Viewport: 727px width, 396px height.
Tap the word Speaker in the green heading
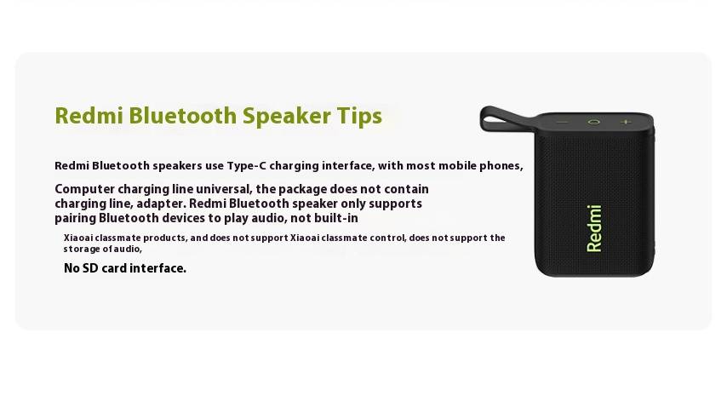287,117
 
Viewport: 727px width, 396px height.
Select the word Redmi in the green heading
89,116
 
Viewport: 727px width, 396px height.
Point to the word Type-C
247,166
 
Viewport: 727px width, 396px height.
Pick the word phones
501,166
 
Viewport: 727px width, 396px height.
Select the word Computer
84,190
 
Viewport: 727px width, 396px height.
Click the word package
301,190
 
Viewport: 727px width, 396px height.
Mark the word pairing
75,218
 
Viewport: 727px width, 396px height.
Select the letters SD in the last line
90,268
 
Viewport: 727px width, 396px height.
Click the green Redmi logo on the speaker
594,228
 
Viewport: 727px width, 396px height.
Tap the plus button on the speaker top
627,122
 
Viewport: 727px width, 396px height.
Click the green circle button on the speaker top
594,122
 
